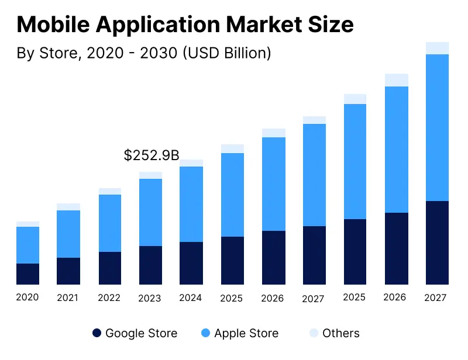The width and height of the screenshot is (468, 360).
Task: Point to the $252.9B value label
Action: [152, 155]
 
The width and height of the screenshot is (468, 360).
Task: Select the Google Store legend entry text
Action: [141, 333]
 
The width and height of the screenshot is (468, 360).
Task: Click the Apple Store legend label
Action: [246, 333]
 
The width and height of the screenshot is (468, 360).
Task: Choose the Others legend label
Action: [341, 333]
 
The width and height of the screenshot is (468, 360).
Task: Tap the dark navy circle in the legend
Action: [97, 333]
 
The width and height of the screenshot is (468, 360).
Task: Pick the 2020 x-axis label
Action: [27, 297]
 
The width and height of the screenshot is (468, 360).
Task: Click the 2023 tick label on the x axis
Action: [150, 298]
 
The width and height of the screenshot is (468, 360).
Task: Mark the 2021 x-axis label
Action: [68, 298]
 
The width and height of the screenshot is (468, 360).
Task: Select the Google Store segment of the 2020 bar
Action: [27, 274]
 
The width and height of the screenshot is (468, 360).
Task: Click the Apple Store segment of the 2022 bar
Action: [109, 223]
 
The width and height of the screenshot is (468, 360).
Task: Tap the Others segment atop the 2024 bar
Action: [191, 163]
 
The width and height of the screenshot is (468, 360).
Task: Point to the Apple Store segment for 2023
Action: [150, 212]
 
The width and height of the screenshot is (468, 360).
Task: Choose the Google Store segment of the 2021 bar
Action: [68, 271]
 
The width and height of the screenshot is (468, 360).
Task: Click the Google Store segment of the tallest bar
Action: [436, 243]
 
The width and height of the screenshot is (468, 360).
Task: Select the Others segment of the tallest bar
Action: [436, 48]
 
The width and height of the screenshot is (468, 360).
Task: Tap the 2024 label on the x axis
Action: [191, 297]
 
